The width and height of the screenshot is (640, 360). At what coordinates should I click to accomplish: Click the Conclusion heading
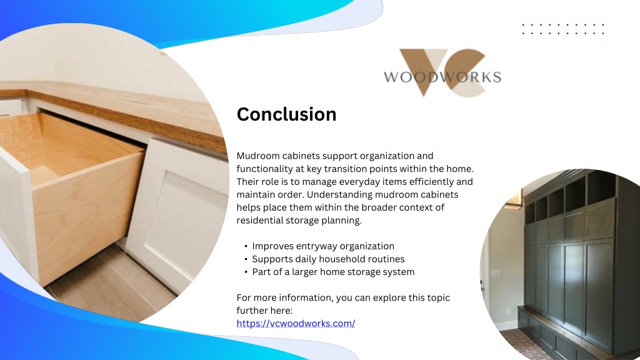pyautogui.click(x=286, y=114)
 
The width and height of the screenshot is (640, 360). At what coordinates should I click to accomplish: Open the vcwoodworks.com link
pyautogui.click(x=296, y=323)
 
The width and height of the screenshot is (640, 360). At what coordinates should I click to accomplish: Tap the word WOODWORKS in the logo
pyautogui.click(x=442, y=77)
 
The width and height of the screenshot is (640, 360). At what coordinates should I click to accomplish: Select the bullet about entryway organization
pyautogui.click(x=323, y=246)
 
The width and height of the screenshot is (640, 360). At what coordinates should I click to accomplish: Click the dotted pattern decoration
pyautogui.click(x=563, y=29)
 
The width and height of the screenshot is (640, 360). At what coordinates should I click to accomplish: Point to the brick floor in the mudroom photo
pyautogui.click(x=518, y=345)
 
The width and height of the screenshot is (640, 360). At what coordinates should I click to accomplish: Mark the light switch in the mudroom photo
pyautogui.click(x=496, y=272)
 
